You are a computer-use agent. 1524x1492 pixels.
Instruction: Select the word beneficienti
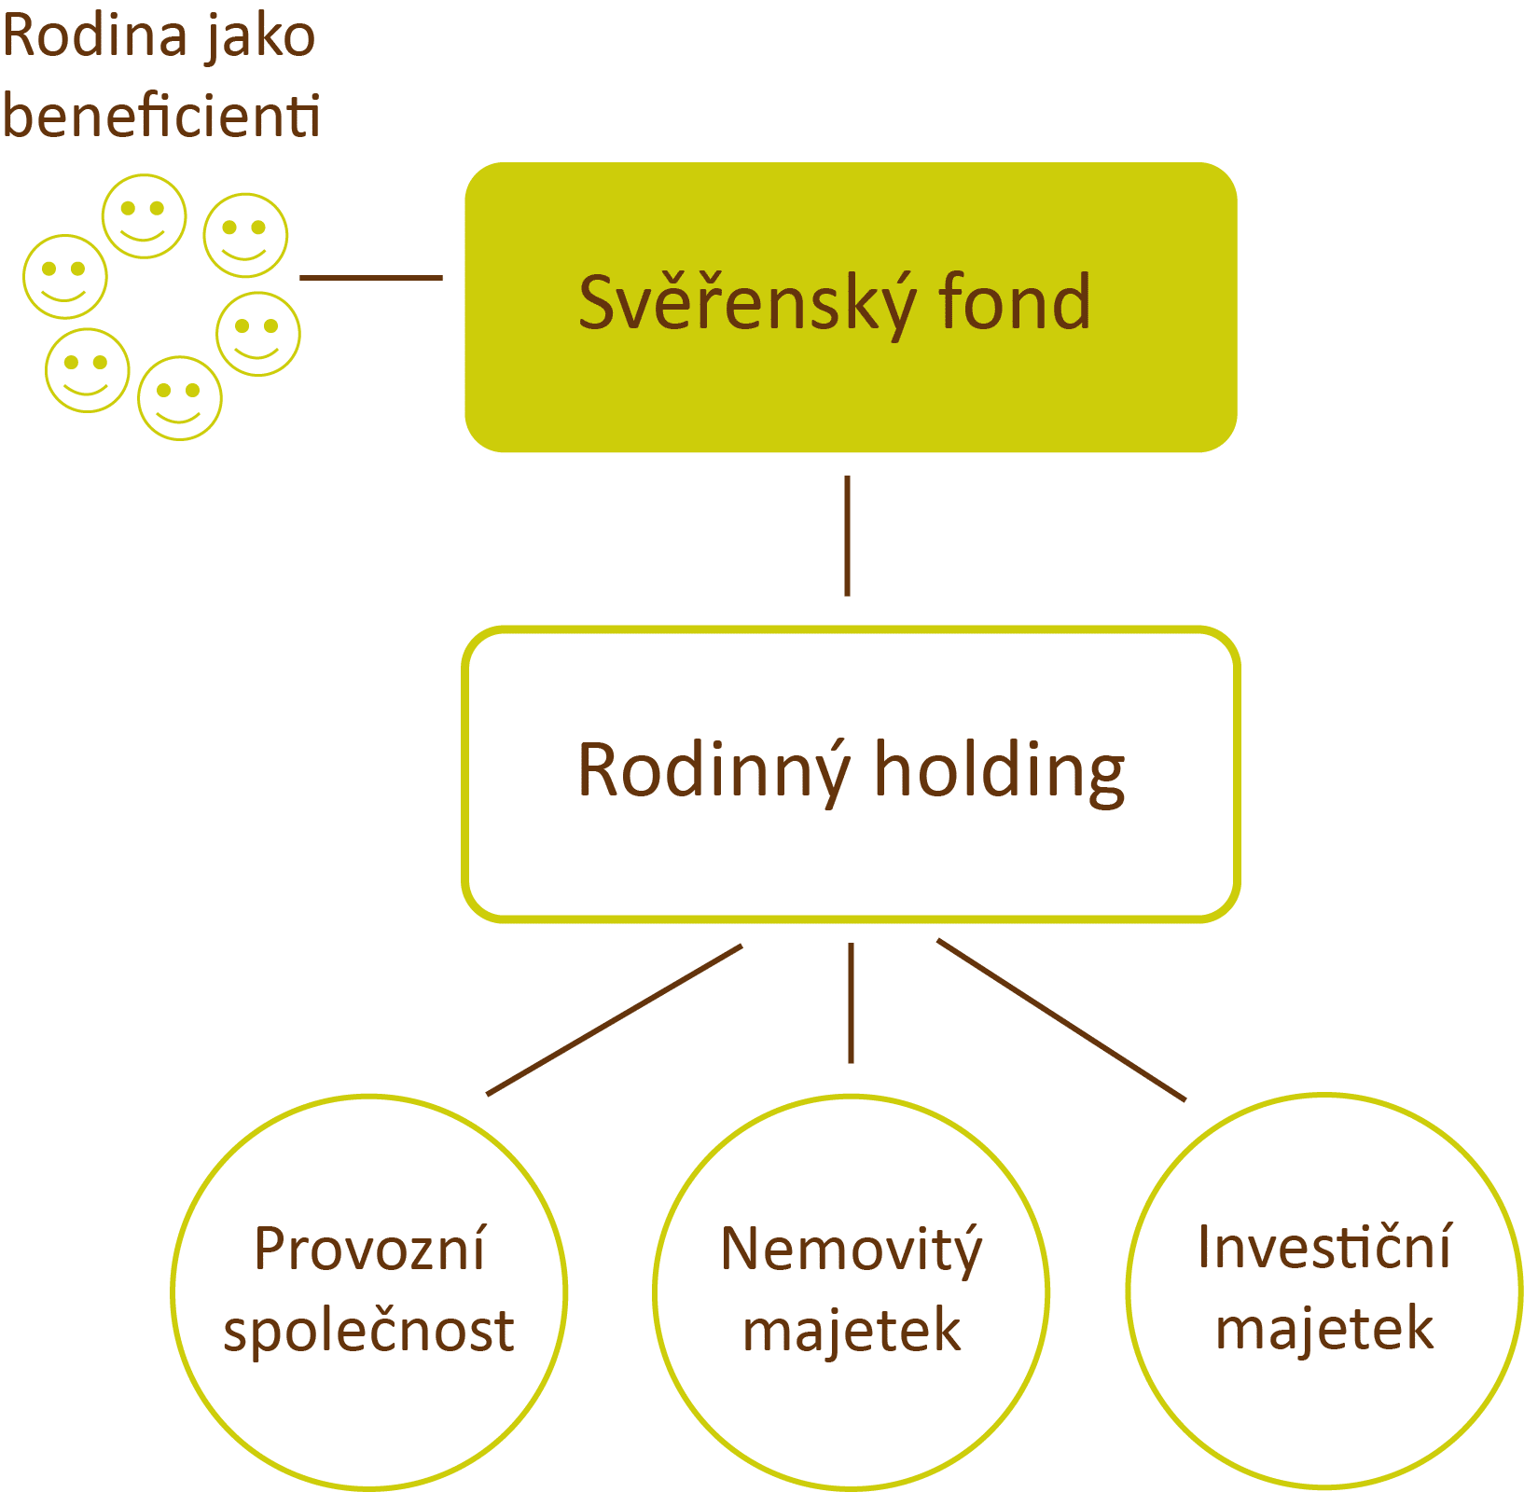(162, 116)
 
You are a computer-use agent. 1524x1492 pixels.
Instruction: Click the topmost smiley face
(144, 216)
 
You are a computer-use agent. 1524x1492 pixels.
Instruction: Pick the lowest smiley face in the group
(180, 398)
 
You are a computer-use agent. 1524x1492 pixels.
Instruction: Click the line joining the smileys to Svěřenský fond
(371, 277)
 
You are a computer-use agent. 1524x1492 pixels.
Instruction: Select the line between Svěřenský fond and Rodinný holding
(847, 535)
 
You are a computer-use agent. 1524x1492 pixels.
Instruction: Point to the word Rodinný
(714, 771)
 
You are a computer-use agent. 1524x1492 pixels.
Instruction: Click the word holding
(1000, 771)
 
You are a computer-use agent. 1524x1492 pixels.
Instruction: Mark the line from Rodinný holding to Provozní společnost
(615, 1020)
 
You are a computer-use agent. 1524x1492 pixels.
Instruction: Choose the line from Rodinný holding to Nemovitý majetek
(851, 1002)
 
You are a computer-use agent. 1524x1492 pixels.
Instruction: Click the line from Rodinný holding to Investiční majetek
(1061, 1020)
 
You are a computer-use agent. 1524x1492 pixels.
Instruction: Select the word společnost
(369, 1332)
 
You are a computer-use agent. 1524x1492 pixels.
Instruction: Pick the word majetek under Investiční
(1324, 1330)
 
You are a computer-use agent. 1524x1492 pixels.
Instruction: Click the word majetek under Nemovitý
(852, 1332)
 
